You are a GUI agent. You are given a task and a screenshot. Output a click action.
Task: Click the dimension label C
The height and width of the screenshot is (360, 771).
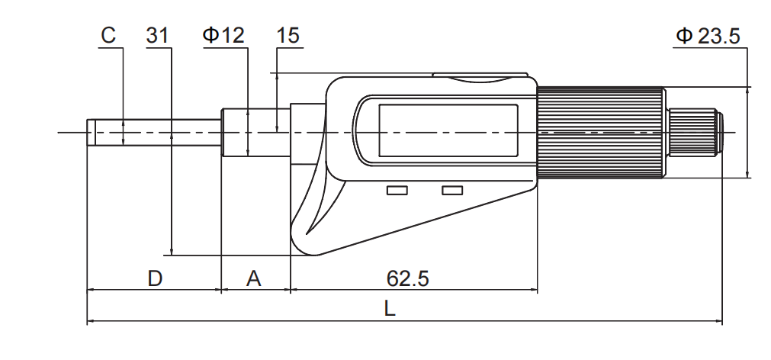coord(109,35)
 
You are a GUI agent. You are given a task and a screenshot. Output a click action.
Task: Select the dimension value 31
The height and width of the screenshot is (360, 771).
coord(158,35)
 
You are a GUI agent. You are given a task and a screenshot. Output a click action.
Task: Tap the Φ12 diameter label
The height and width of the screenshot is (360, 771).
coord(224,35)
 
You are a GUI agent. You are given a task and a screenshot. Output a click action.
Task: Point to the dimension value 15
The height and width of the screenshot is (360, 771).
coord(288,35)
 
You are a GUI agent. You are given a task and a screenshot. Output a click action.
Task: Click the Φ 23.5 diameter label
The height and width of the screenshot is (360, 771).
coord(708,35)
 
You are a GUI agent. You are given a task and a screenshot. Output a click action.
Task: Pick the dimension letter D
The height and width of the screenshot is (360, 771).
coord(155,278)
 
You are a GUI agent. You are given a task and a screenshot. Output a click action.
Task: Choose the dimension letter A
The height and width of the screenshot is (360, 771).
coord(254,278)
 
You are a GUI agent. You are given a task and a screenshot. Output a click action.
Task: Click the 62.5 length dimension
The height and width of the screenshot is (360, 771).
coord(408,278)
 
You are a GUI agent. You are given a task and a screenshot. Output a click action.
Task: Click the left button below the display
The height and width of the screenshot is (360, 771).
coord(397,190)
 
